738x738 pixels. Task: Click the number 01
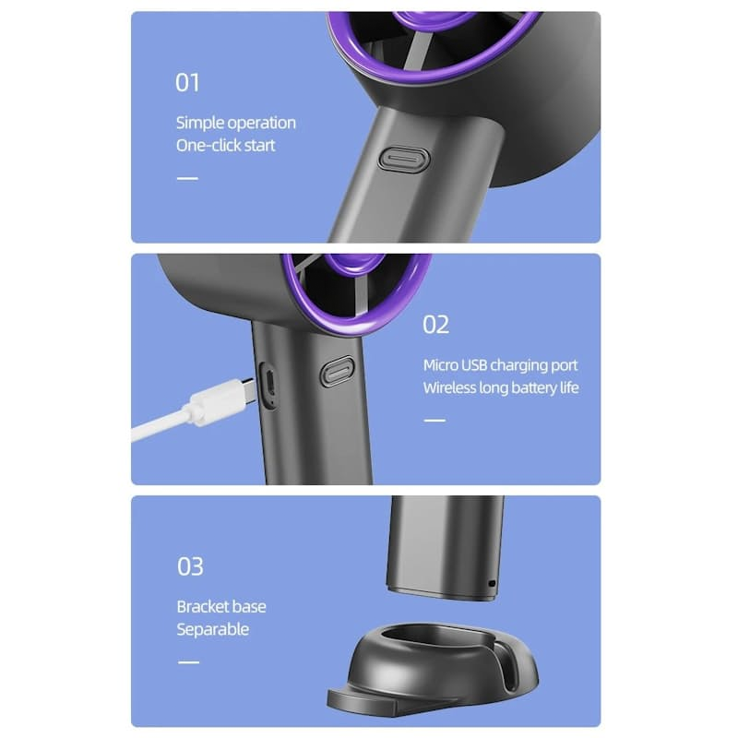[187, 83]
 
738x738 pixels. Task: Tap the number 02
[435, 325]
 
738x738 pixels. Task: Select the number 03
[190, 566]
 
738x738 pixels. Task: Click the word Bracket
[201, 607]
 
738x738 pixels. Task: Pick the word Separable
[213, 630]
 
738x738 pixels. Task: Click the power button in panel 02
[337, 372]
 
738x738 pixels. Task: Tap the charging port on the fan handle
[269, 384]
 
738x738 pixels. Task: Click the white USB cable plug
[225, 399]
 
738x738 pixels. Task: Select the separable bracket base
[433, 668]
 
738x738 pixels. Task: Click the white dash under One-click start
[187, 178]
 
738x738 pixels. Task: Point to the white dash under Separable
[188, 662]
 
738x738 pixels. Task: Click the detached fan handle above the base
[445, 548]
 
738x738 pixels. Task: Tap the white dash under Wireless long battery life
[434, 421]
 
